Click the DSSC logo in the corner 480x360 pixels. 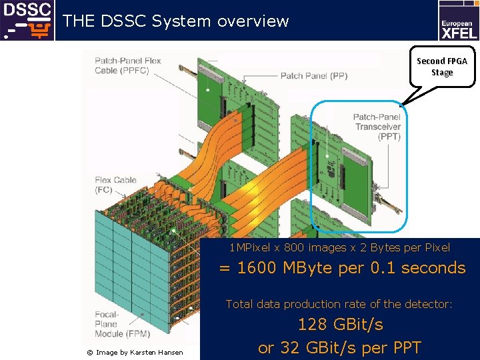pyautogui.click(x=27, y=20)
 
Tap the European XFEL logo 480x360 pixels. pyautogui.click(x=457, y=21)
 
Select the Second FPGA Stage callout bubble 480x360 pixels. pyautogui.click(x=442, y=66)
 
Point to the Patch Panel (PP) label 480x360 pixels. pyautogui.click(x=313, y=76)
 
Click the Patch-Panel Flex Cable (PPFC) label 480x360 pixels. pyautogui.click(x=128, y=65)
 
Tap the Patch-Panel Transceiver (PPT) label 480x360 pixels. pyautogui.click(x=378, y=127)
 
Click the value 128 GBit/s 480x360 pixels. pyautogui.click(x=340, y=325)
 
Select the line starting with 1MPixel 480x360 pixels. pyautogui.click(x=339, y=248)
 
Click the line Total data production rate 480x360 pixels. pyautogui.click(x=339, y=304)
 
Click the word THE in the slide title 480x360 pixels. pyautogui.click(x=79, y=21)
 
